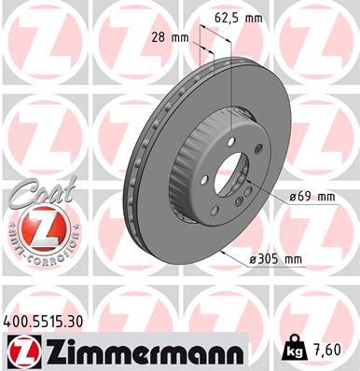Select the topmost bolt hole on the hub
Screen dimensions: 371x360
[x=230, y=143]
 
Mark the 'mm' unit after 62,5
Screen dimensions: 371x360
[x=251, y=16]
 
